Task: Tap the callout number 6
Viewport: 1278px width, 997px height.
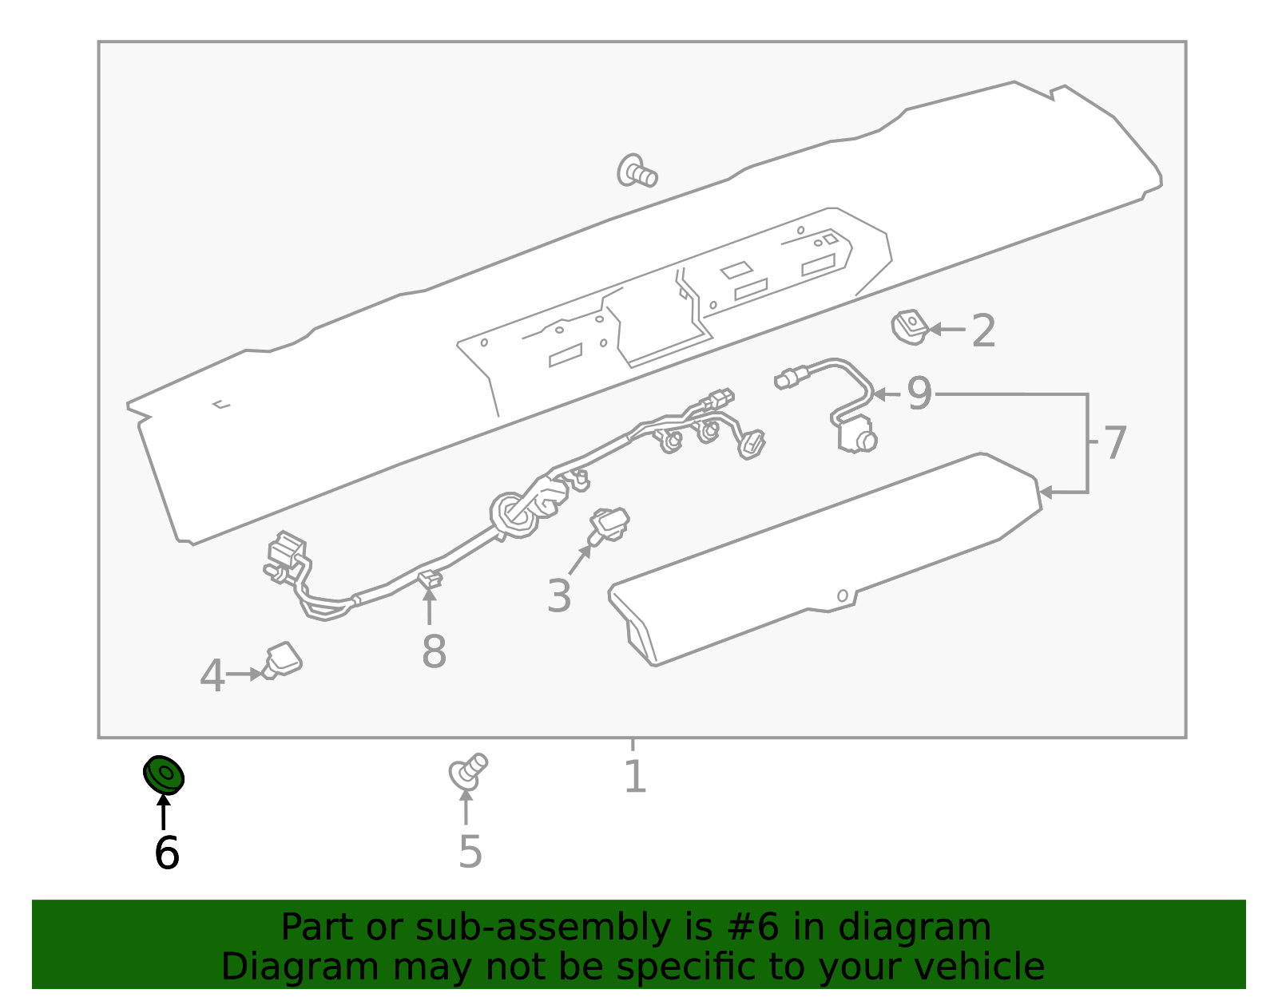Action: (166, 853)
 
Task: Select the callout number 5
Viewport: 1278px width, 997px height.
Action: (470, 852)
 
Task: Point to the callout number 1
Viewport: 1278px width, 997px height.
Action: (634, 777)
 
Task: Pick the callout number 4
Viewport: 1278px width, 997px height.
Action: (212, 676)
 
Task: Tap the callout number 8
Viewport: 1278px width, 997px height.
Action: (434, 651)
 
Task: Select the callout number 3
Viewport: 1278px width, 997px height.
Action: (558, 595)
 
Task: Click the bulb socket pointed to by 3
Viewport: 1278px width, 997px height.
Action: (610, 524)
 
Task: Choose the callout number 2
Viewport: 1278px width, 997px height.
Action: (983, 330)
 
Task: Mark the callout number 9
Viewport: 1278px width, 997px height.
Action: (919, 394)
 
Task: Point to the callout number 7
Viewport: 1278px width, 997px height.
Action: (1114, 442)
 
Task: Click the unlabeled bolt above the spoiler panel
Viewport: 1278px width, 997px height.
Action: (637, 172)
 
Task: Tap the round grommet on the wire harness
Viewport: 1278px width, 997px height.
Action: (512, 516)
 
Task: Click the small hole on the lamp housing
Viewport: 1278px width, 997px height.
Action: (842, 595)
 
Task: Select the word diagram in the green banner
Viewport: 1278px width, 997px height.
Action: (943, 928)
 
